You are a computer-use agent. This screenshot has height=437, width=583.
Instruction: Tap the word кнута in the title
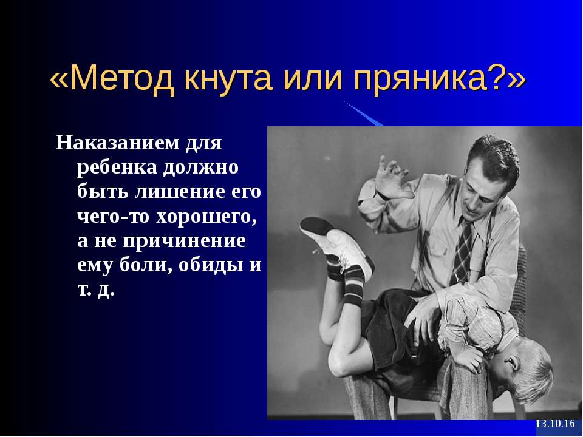point(228,79)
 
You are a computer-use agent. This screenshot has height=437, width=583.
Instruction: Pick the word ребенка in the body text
point(117,168)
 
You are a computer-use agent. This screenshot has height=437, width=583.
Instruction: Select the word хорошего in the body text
point(206,218)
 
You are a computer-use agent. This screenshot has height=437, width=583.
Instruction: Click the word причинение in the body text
point(185,242)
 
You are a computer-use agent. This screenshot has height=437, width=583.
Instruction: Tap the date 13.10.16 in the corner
point(554,424)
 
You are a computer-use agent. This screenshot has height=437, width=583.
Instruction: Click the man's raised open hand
point(392,179)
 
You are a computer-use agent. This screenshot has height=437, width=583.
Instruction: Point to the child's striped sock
point(353,284)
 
